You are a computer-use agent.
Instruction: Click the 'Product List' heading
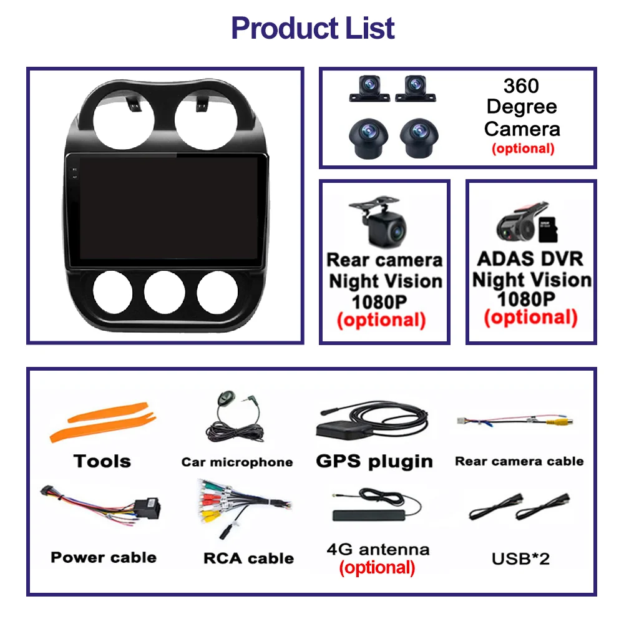tap(313, 28)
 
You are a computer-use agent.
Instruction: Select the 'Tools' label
tap(102, 461)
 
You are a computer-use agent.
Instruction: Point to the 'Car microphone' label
tap(237, 462)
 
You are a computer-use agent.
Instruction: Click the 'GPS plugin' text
tap(374, 461)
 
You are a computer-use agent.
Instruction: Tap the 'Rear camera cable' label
tap(519, 461)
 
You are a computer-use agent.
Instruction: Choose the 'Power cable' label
tap(104, 557)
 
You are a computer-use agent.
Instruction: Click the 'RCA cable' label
tap(248, 558)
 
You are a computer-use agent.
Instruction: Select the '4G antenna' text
tap(378, 549)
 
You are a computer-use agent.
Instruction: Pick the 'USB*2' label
tap(520, 558)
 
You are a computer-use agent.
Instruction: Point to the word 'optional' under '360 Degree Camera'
tap(522, 149)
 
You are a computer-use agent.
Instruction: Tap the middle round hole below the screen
tap(164, 293)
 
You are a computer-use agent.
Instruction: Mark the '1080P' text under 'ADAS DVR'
tap(525, 299)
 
